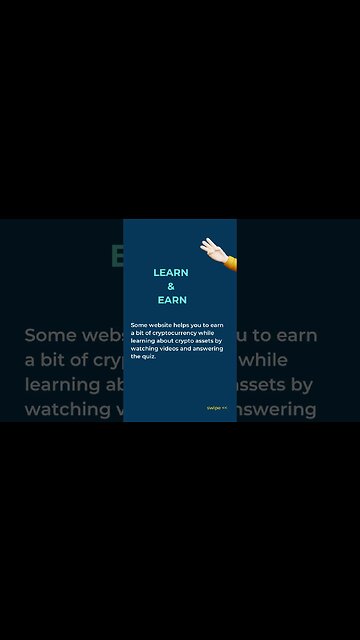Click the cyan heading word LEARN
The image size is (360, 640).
(171, 272)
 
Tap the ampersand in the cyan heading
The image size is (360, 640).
(171, 286)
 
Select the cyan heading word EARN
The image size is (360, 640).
(172, 300)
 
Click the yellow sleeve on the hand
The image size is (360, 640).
(230, 262)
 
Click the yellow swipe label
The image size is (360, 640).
(213, 408)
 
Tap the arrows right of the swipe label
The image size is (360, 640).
(225, 408)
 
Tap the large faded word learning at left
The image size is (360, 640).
(64, 385)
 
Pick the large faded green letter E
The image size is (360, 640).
(117, 257)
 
